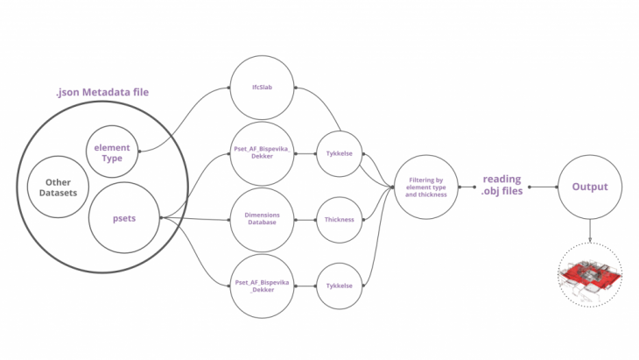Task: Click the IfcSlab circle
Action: (262, 88)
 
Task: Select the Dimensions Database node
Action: (262, 219)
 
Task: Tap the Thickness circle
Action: (339, 219)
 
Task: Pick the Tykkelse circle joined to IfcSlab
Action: (339, 152)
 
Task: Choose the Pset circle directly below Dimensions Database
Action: (262, 286)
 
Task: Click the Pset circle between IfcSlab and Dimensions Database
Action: (262, 152)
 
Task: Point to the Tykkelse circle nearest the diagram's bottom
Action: (339, 286)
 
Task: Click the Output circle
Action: (589, 187)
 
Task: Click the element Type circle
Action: (112, 152)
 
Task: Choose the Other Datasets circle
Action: (59, 187)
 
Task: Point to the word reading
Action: (502, 179)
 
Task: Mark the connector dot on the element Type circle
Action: (140, 151)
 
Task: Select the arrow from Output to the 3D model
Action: (589, 231)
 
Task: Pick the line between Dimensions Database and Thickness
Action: (305, 219)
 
